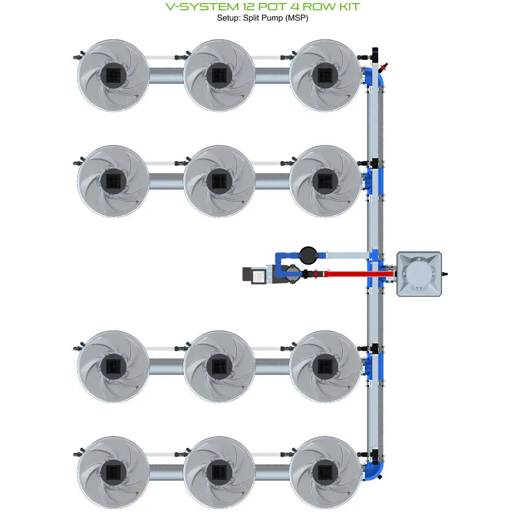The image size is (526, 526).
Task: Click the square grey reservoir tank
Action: point(419,273)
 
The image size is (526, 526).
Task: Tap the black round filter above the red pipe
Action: point(307,254)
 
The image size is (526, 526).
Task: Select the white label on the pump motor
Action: point(258,275)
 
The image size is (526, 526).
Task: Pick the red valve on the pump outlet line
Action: point(313,274)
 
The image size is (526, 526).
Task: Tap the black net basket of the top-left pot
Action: point(113,75)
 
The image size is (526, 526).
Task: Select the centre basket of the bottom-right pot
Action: point(325,472)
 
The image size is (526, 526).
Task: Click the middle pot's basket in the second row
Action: point(219,181)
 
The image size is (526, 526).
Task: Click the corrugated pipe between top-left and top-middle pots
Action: point(166,76)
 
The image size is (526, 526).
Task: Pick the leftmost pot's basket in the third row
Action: point(113,366)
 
